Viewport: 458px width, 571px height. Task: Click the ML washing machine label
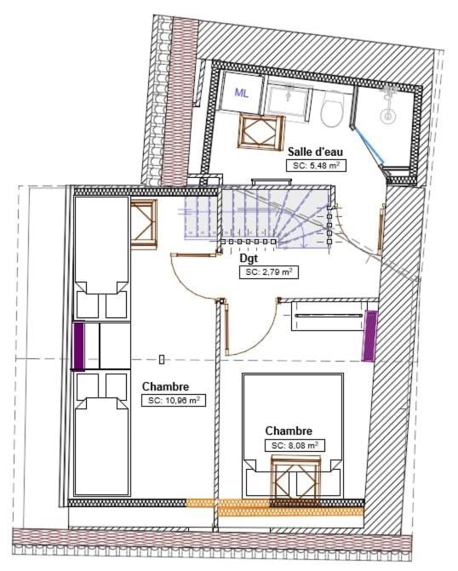(242, 94)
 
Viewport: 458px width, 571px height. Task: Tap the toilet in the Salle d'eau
(332, 108)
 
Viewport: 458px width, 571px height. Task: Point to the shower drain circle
(387, 117)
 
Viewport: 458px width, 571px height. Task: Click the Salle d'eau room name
(315, 151)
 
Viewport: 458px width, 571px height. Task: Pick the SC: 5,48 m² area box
(316, 166)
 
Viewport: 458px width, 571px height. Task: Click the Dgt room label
(249, 258)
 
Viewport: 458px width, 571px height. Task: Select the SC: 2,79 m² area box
(269, 272)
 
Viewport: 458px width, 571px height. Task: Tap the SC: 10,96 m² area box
(174, 400)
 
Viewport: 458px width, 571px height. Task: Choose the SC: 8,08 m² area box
(295, 445)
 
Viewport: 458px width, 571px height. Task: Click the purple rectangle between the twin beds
(79, 346)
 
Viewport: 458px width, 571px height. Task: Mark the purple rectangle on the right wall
(369, 336)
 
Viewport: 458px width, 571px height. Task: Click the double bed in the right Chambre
(293, 435)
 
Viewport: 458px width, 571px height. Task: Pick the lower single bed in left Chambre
(102, 434)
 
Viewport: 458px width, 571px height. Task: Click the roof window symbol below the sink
(260, 131)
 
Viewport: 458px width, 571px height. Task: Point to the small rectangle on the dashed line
(162, 359)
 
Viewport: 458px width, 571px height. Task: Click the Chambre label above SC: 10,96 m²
(166, 386)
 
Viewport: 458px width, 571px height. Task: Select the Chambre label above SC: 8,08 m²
(289, 431)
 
